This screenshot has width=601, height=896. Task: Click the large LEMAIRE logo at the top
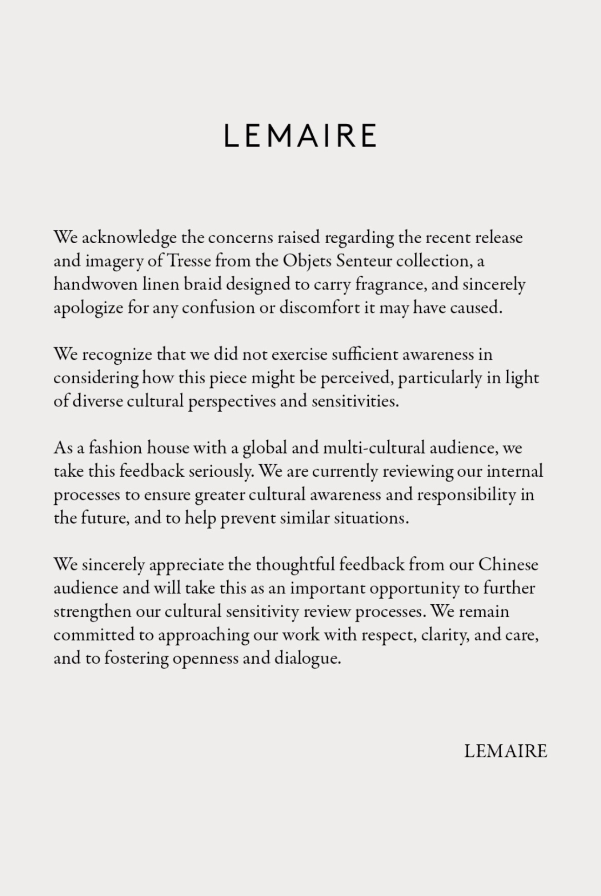click(300, 135)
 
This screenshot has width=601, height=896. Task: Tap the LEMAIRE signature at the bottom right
click(505, 751)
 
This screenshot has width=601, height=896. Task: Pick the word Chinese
click(508, 565)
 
